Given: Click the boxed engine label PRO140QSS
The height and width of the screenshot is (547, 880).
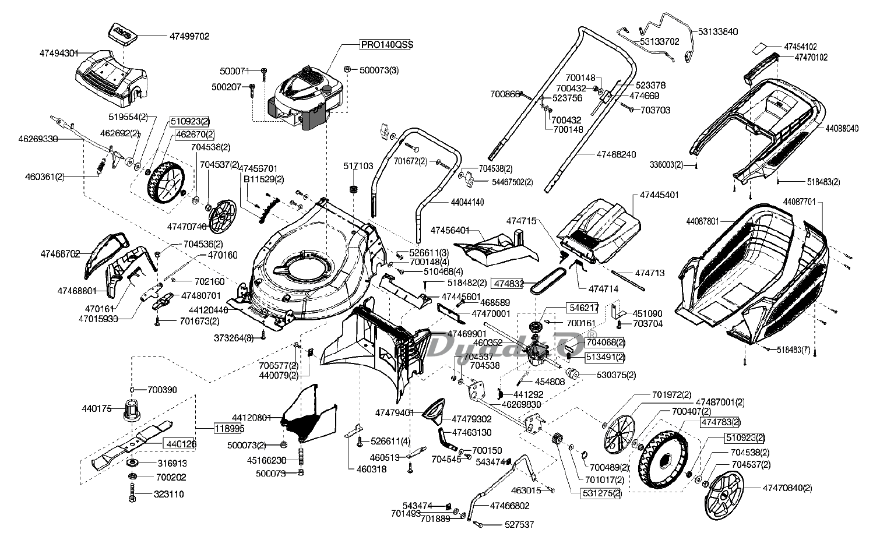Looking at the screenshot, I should click(x=382, y=44).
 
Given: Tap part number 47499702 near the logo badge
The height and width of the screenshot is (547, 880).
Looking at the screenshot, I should click(x=189, y=36).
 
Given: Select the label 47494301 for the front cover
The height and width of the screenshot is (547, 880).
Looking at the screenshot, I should click(x=59, y=53).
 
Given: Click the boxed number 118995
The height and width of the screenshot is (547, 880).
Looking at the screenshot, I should click(x=228, y=428).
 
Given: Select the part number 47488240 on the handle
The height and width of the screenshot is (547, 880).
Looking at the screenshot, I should click(x=616, y=154).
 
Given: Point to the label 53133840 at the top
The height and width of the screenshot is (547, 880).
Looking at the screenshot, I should click(x=718, y=31).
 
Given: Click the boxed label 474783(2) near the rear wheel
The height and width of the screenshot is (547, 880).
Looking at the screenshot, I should click(x=720, y=422).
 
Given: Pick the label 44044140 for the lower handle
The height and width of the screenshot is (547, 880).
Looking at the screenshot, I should click(x=467, y=202).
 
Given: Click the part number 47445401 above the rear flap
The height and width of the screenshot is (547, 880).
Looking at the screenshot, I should click(x=659, y=195).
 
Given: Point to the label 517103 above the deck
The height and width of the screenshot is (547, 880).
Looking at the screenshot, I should click(x=358, y=166).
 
